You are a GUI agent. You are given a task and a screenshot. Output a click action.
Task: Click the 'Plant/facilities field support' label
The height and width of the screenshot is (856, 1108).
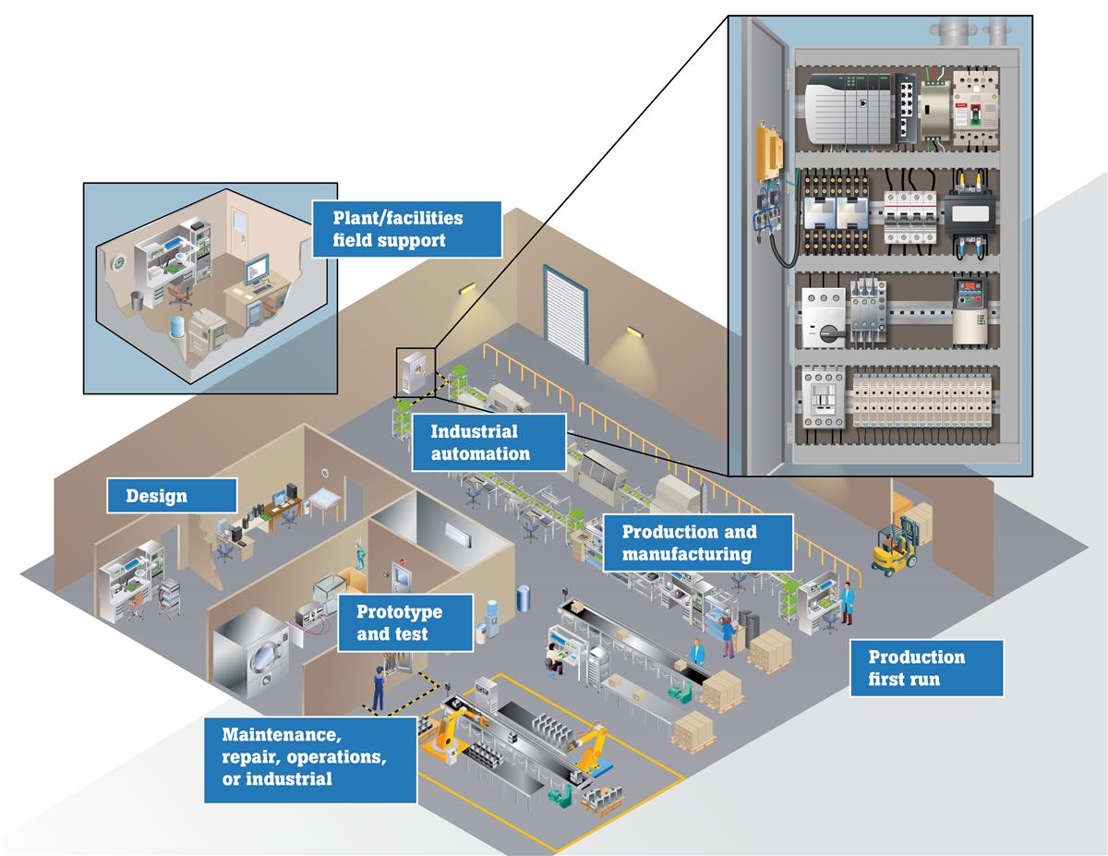tap(406, 229)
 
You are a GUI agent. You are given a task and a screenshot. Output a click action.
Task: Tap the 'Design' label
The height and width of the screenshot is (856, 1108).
tap(172, 496)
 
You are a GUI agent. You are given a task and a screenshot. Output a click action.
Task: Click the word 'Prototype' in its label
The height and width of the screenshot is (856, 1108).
tap(399, 611)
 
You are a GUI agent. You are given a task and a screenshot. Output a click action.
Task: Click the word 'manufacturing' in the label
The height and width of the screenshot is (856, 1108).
tap(686, 554)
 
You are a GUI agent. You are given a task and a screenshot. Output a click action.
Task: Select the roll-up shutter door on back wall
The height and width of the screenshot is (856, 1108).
tap(565, 313)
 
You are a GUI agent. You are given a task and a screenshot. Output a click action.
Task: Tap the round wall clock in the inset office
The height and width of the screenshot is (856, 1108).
tap(119, 264)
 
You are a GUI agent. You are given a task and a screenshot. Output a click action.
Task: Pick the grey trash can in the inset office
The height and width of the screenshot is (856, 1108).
tap(137, 300)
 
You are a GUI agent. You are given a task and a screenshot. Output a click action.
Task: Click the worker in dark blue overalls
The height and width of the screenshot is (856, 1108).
tap(378, 687)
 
